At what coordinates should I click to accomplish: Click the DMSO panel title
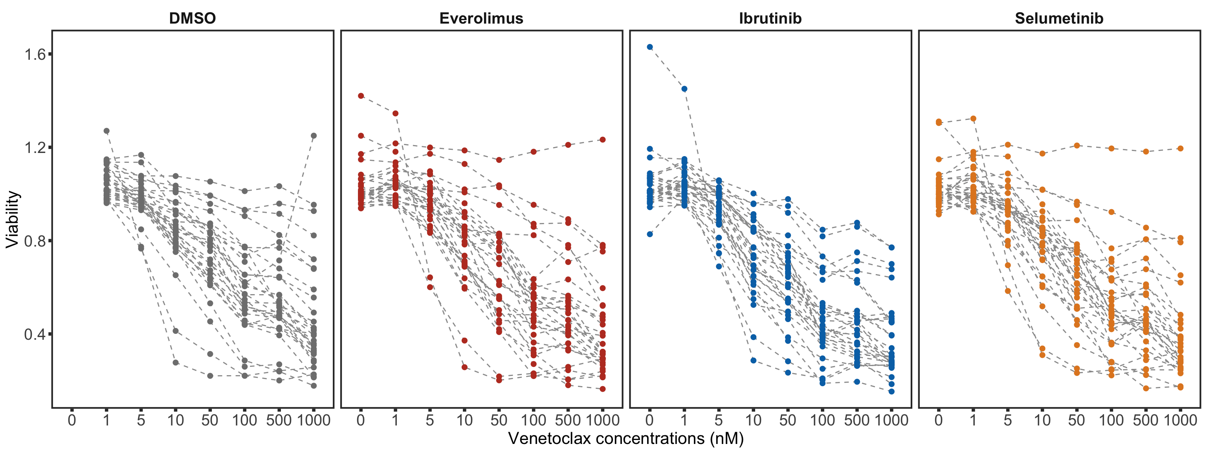pyautogui.click(x=192, y=18)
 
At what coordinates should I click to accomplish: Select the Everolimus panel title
pyautogui.click(x=481, y=18)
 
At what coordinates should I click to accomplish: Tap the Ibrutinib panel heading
pyautogui.click(x=770, y=18)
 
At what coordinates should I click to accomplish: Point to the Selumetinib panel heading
pyautogui.click(x=1059, y=18)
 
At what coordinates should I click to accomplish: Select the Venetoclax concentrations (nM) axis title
pyautogui.click(x=626, y=438)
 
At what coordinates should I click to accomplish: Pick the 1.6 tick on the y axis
pyautogui.click(x=35, y=54)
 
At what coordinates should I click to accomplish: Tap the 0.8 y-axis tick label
pyautogui.click(x=35, y=241)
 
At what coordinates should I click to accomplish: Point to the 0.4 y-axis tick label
pyautogui.click(x=35, y=334)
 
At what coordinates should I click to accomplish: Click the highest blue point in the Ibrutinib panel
pyautogui.click(x=650, y=47)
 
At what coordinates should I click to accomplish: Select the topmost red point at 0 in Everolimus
pyautogui.click(x=361, y=96)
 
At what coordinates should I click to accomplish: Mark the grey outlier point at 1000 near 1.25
pyautogui.click(x=314, y=136)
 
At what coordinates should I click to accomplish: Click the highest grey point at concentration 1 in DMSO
pyautogui.click(x=106, y=131)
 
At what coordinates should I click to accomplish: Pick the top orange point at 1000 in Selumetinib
pyautogui.click(x=1180, y=149)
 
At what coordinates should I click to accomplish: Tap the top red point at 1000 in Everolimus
pyautogui.click(x=603, y=140)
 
